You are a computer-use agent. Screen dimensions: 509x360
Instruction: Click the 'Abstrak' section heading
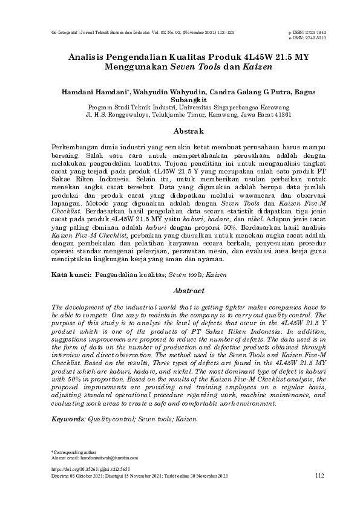pos(180,131)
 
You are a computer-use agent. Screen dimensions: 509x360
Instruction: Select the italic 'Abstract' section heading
pos(180,290)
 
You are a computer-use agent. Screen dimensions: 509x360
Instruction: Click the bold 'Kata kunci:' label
pos(71,275)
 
